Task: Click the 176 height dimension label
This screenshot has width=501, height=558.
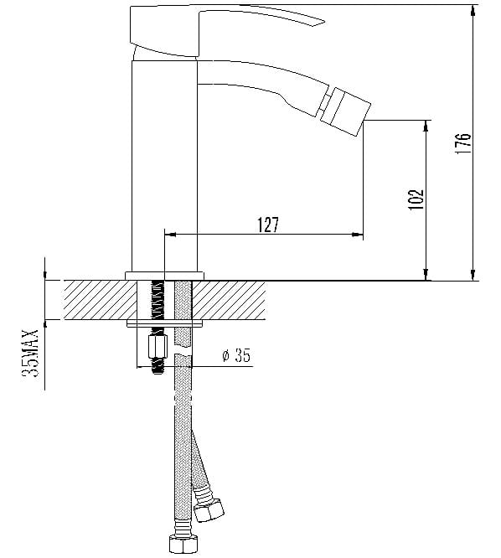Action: [x=463, y=144]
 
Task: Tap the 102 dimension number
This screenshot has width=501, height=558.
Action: [x=416, y=199]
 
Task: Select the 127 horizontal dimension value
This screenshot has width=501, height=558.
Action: [x=268, y=225]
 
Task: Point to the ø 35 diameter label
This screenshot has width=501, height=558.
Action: [x=236, y=355]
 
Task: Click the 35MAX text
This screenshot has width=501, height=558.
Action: [x=30, y=353]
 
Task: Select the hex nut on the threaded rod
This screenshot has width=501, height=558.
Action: [x=158, y=347]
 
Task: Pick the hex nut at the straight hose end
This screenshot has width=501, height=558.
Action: [x=183, y=544]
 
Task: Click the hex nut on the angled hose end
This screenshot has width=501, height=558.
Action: [x=209, y=511]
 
